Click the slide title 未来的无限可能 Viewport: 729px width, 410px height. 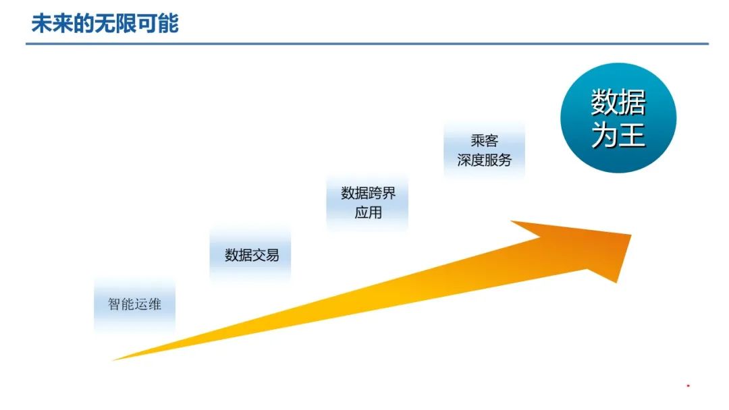(105, 24)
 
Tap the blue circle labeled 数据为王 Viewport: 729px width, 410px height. (618, 118)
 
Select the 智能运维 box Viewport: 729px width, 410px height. (135, 304)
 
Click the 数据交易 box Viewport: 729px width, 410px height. (251, 255)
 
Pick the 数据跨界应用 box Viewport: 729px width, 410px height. (368, 202)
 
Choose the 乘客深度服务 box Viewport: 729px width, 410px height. (484, 150)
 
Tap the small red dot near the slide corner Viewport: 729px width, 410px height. (688, 386)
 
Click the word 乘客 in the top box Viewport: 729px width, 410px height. (484, 142)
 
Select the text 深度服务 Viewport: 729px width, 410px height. (484, 160)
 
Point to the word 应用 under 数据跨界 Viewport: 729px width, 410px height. (368, 212)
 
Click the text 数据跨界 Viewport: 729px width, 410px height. (368, 194)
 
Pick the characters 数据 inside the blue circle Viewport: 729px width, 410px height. (618, 102)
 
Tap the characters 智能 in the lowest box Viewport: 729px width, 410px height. (122, 304)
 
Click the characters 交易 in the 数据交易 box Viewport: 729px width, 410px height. (265, 255)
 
